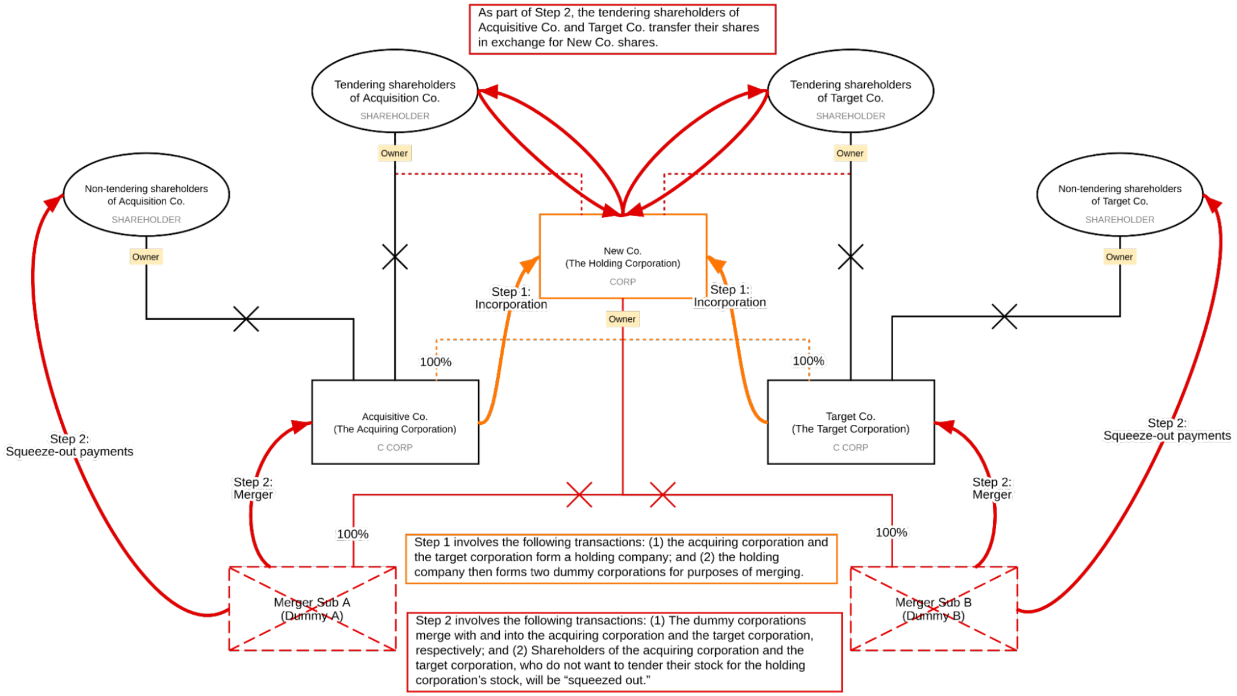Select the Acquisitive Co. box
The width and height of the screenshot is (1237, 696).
tap(395, 422)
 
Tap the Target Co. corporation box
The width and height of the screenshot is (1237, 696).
tap(850, 422)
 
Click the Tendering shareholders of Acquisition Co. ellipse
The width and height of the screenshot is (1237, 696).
tap(395, 91)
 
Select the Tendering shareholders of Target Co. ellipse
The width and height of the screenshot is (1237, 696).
tap(850, 91)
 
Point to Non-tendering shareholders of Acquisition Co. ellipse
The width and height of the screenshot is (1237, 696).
tap(146, 195)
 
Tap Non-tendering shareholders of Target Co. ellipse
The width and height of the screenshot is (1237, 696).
tap(1119, 195)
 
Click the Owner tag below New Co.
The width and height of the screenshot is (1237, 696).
tap(622, 319)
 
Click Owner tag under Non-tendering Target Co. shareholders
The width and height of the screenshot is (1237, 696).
tap(1119, 257)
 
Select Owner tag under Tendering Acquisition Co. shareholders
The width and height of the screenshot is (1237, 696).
tap(394, 153)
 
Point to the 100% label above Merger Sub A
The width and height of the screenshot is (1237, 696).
tap(353, 534)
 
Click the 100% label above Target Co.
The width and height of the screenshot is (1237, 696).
tap(808, 361)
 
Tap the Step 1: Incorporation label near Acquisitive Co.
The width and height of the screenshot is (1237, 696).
tap(511, 298)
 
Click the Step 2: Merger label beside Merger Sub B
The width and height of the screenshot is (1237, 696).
tap(992, 488)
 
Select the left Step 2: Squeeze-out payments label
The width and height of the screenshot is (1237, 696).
tap(70, 445)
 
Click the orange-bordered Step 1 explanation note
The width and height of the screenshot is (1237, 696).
tap(621, 558)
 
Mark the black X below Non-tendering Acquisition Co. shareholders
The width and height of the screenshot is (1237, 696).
tap(246, 319)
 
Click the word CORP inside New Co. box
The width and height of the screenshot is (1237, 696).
tap(622, 282)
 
